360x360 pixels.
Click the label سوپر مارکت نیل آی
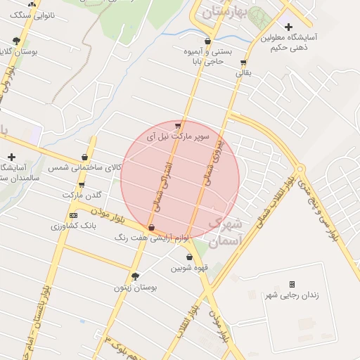tap(179, 137)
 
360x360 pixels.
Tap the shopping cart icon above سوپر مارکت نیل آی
tap(177, 126)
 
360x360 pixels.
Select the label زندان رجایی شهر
tap(291, 295)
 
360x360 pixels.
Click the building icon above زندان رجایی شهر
tap(292, 284)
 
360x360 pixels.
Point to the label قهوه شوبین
tap(188, 268)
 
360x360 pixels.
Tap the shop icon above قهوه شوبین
tap(189, 257)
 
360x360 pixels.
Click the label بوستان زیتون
tap(135, 288)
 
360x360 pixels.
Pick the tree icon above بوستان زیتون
tap(135, 276)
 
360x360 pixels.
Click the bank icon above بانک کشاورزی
tap(73, 215)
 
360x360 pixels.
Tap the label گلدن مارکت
tap(82, 195)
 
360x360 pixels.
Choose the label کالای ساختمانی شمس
tap(85, 168)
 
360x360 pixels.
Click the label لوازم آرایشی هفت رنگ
tap(153, 238)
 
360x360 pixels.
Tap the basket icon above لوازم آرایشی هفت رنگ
tap(152, 227)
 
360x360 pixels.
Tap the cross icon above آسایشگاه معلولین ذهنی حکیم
tap(288, 27)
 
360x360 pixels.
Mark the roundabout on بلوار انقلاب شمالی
tap(301, 169)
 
